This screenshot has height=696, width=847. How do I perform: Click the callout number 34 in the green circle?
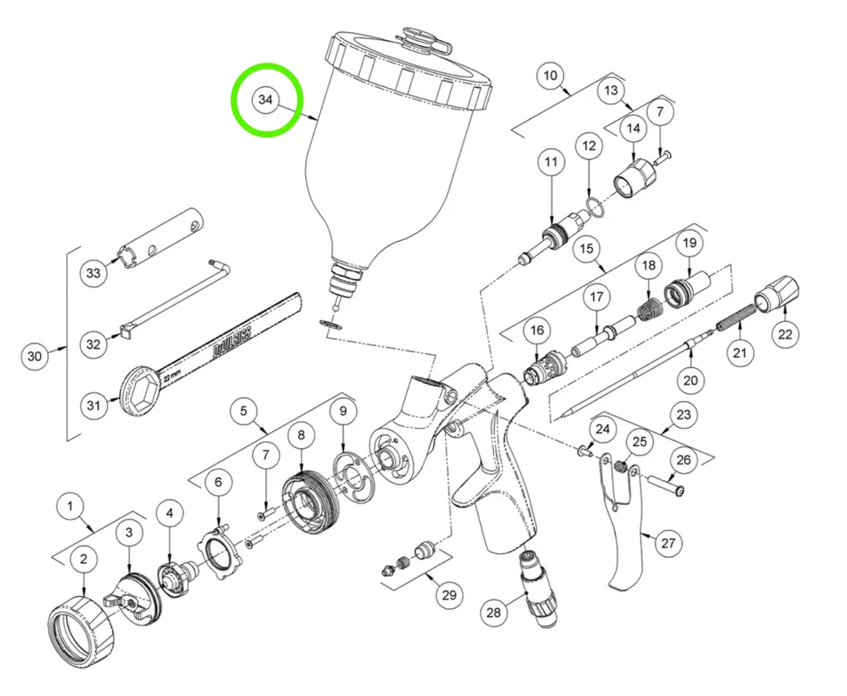[x=265, y=100]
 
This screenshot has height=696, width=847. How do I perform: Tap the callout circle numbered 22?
[x=785, y=334]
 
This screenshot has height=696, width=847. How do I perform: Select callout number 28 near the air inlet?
[x=494, y=612]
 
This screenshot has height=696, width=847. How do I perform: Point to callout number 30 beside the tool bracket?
[x=35, y=356]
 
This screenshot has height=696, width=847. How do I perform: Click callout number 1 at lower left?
[x=70, y=507]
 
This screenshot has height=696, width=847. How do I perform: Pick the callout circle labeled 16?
[x=537, y=331]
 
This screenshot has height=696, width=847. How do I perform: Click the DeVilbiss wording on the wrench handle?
[x=231, y=344]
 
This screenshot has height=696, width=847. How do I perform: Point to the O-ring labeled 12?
[x=594, y=207]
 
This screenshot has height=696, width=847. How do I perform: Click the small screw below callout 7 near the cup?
[x=664, y=157]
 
